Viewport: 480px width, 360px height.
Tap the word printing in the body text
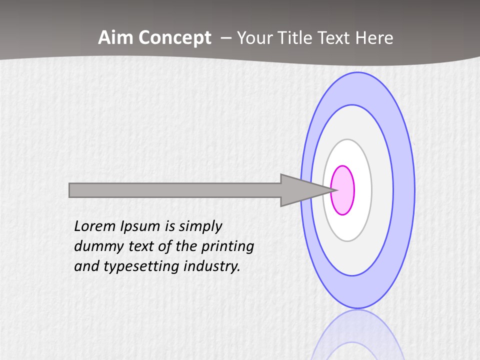point(227,246)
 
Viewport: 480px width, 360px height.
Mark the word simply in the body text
point(200,226)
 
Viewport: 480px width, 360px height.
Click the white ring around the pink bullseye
point(362,190)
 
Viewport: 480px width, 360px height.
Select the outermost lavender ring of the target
point(404,190)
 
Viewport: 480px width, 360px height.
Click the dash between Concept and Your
point(225,38)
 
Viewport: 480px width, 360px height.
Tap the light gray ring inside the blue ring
point(382,190)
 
